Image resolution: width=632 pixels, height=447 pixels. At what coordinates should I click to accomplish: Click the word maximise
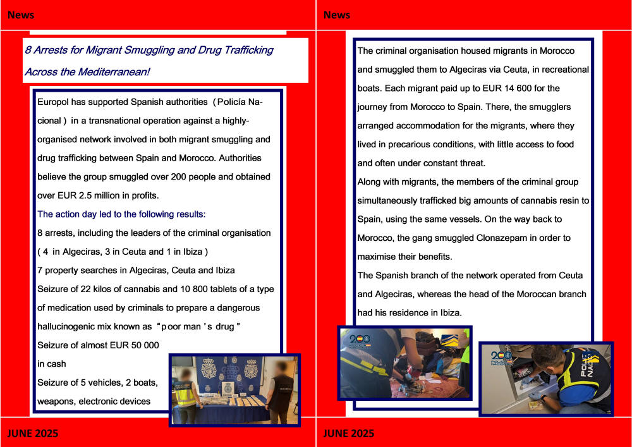pos(377,257)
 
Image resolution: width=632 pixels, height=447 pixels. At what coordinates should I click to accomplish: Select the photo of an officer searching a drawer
pos(545,378)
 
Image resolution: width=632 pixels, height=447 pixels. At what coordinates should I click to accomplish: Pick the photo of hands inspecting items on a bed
pos(405,363)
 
